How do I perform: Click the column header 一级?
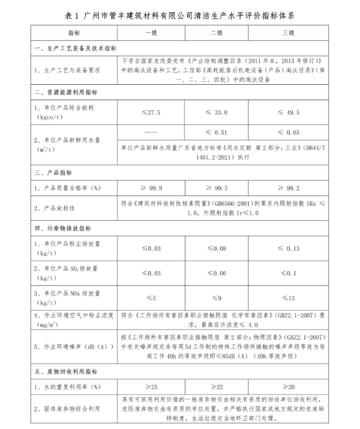(x=151, y=33)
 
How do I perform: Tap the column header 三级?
(x=289, y=33)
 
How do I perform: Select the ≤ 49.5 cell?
(x=289, y=112)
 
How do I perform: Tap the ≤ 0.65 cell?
(x=289, y=133)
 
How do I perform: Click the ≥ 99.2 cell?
(x=289, y=189)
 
